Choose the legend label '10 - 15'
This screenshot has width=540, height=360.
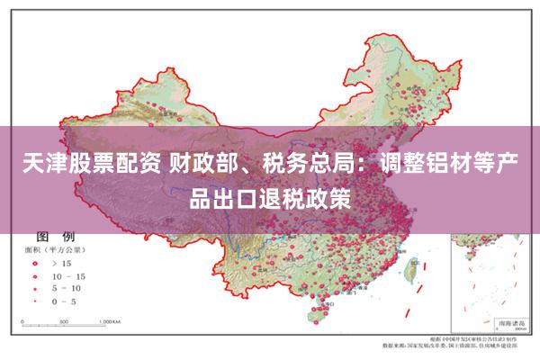point(69,275)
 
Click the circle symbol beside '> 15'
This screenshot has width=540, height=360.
point(33,264)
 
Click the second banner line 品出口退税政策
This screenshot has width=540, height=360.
point(269,197)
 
